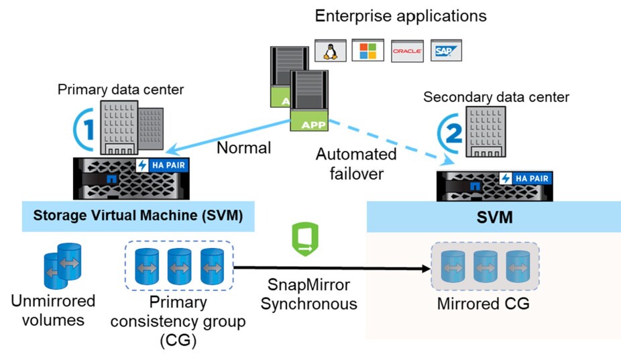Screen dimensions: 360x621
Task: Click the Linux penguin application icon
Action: pyautogui.click(x=329, y=50)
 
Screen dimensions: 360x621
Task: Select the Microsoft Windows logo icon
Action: pyautogui.click(x=368, y=50)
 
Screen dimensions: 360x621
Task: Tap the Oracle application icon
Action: pyautogui.click(x=406, y=51)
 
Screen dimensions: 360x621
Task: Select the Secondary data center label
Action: pyautogui.click(x=496, y=97)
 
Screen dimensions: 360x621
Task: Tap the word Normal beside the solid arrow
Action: pyautogui.click(x=242, y=147)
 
